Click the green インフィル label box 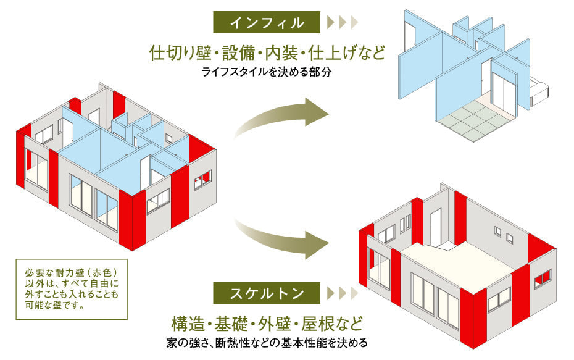pos(267,23)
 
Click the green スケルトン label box pos(267,293)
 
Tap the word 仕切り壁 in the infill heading pos(178,52)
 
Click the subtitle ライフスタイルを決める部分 pos(267,72)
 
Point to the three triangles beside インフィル pos(343,23)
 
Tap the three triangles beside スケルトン pos(343,293)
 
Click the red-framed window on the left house pos(202,180)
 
